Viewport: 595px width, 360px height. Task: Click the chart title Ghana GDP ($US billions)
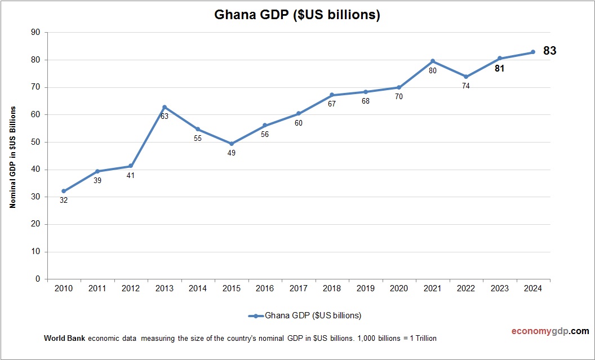pyautogui.click(x=297, y=15)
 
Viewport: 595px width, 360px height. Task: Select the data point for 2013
pyautogui.click(x=165, y=107)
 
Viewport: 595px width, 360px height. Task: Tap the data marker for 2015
pyautogui.click(x=232, y=144)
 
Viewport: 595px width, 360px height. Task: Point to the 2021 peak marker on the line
pyautogui.click(x=433, y=61)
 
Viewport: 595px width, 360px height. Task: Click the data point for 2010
pyautogui.click(x=64, y=191)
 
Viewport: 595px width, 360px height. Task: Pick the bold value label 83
pyautogui.click(x=549, y=51)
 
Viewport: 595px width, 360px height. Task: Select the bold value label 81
pyautogui.click(x=499, y=69)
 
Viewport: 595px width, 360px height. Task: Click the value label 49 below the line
pyautogui.click(x=232, y=153)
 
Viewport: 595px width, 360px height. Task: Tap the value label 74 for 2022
pyautogui.click(x=465, y=86)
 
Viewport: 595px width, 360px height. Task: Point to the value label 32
pyautogui.click(x=64, y=200)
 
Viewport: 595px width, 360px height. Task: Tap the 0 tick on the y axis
pyautogui.click(x=38, y=279)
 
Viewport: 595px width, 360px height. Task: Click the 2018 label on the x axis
pyautogui.click(x=332, y=288)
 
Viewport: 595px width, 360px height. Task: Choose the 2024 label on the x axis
pyautogui.click(x=533, y=288)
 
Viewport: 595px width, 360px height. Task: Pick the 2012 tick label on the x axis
pyautogui.click(x=131, y=288)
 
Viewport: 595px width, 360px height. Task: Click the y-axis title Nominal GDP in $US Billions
pyautogui.click(x=12, y=157)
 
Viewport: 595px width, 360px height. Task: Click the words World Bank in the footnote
pyautogui.click(x=64, y=339)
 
